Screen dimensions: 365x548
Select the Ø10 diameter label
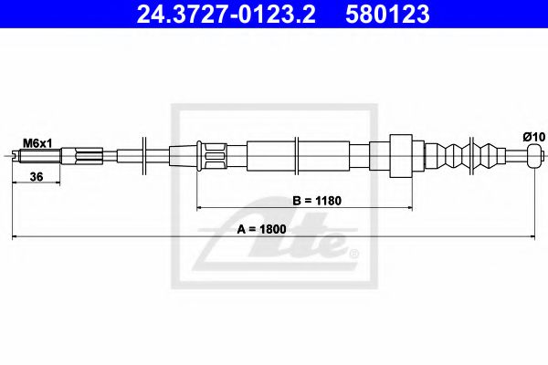click(533, 136)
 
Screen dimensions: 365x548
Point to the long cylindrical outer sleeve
click(297, 154)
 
